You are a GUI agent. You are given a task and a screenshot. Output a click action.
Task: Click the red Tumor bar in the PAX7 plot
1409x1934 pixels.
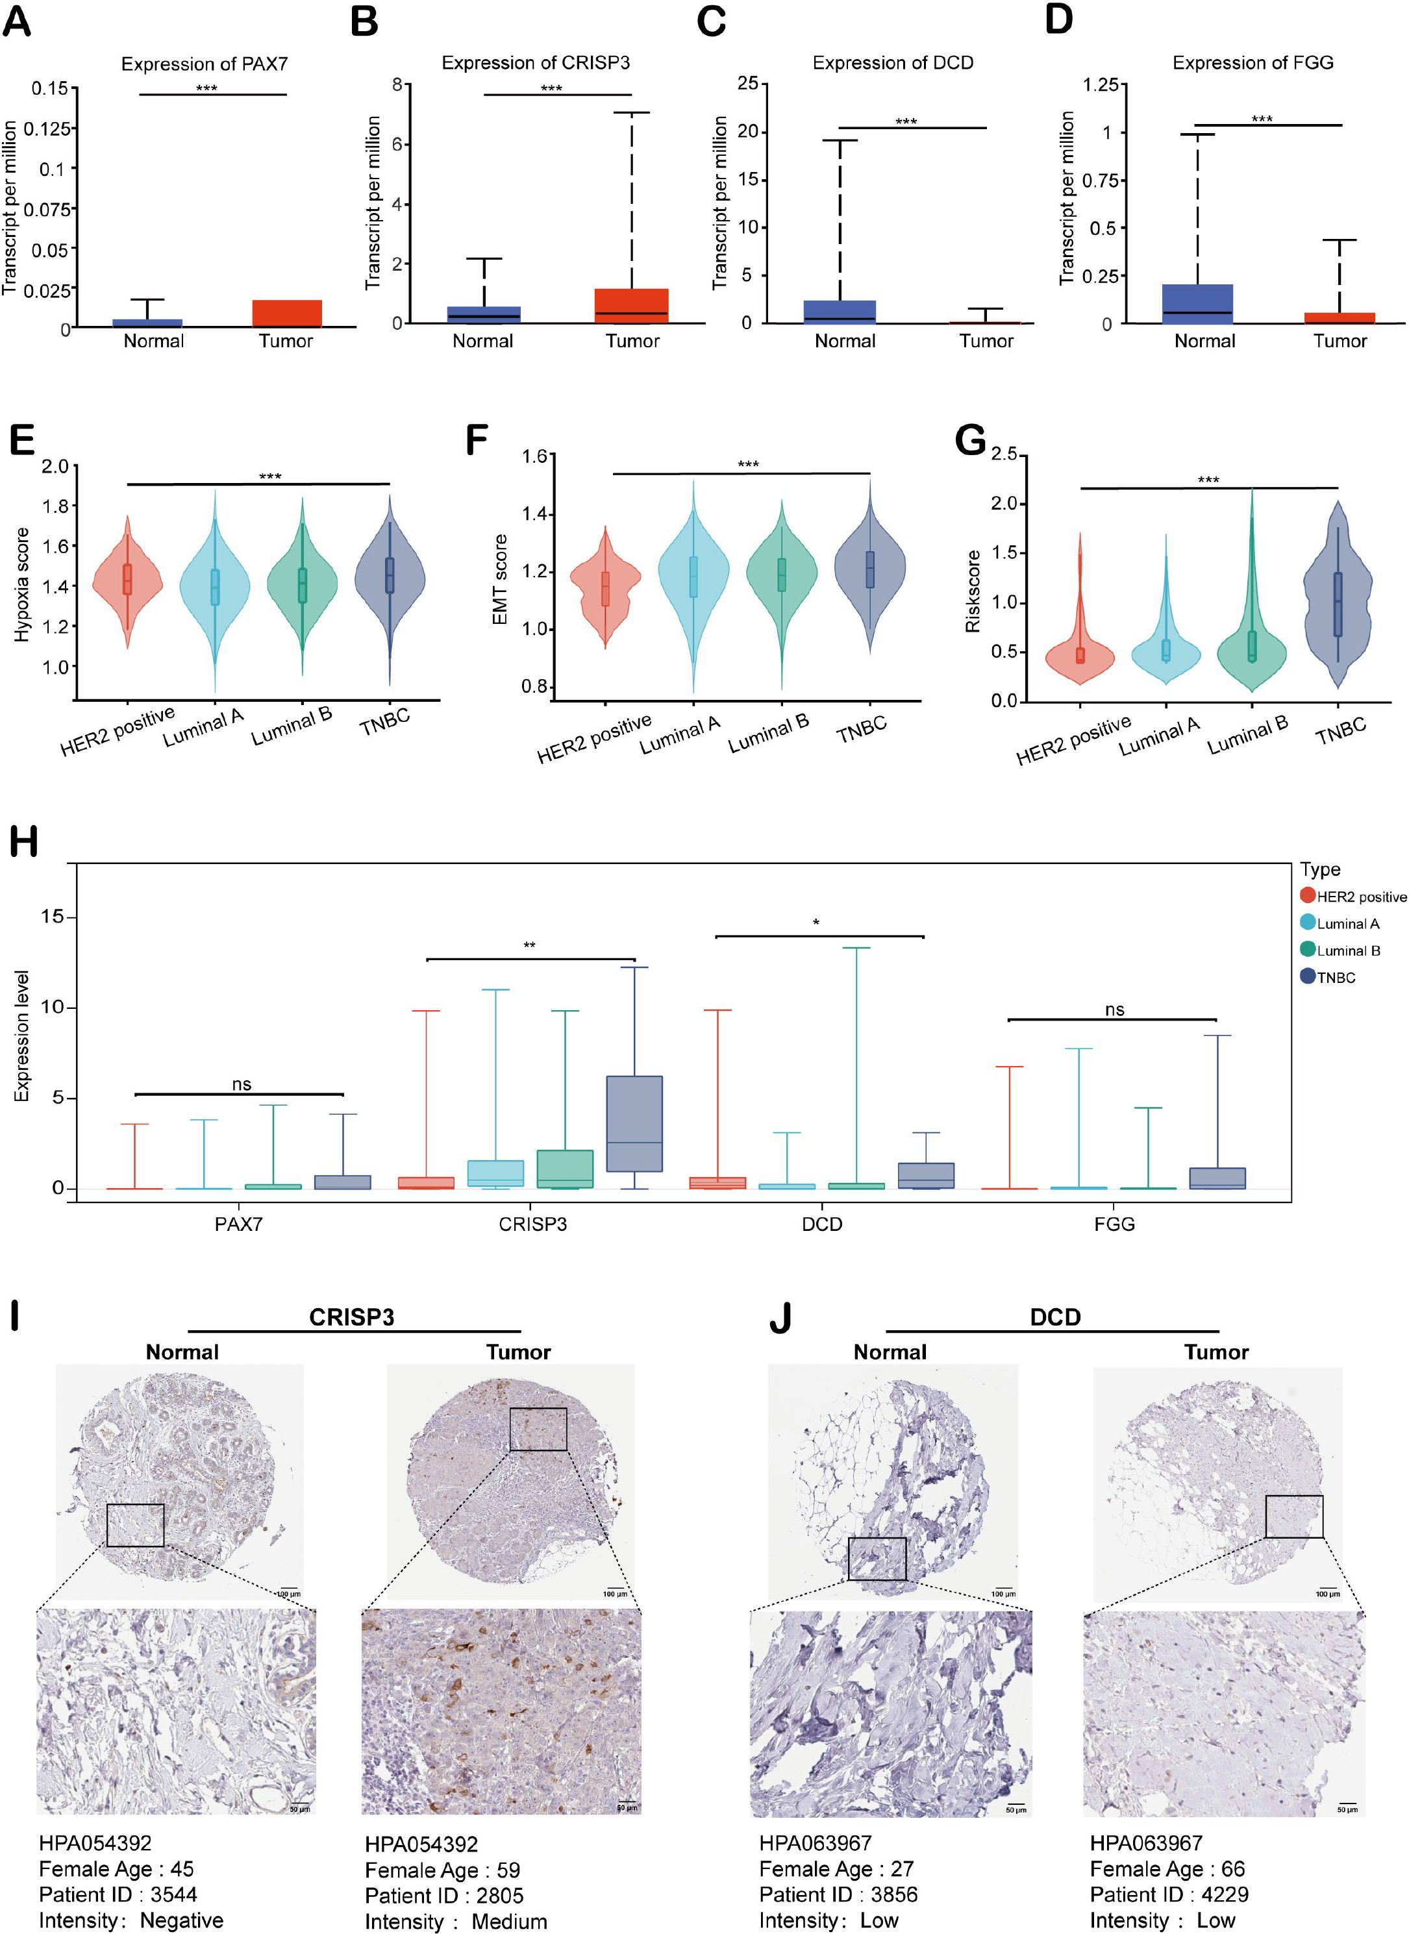[x=286, y=313]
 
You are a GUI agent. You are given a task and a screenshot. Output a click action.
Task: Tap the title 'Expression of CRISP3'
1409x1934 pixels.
[x=536, y=63]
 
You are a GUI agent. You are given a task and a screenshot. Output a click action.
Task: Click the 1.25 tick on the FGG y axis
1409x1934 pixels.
[x=1100, y=84]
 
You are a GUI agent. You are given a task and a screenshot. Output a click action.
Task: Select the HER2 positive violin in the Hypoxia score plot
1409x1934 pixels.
[x=127, y=579]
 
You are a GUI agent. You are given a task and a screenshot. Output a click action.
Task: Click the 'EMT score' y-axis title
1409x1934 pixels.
[x=501, y=580]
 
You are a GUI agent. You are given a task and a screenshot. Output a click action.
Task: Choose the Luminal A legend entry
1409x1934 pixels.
[x=1347, y=924]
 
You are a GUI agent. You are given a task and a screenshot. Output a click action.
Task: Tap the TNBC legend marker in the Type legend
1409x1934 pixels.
[x=1308, y=977]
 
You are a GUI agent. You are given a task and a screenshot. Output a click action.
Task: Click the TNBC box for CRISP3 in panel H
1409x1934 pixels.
[x=634, y=1123]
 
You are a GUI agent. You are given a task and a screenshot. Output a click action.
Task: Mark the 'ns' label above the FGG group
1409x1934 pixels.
[x=1114, y=1010]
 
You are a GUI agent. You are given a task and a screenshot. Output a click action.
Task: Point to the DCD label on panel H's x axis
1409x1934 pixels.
[x=822, y=1224]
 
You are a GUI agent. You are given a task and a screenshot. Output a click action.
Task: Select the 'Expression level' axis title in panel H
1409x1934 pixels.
[x=21, y=1035]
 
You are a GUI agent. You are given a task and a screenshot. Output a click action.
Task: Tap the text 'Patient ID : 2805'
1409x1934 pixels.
[x=443, y=1896]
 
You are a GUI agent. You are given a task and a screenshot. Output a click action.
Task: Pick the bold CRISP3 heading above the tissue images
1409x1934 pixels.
[x=351, y=1317]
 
